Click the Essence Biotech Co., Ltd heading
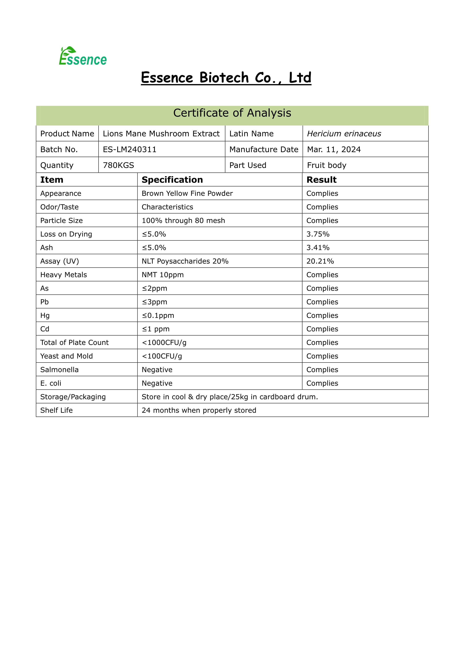[x=226, y=78]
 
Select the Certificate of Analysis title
[x=232, y=113]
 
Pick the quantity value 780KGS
[x=118, y=165]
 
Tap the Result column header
[x=321, y=180]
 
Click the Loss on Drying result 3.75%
[x=318, y=234]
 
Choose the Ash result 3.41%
[x=318, y=248]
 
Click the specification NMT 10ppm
[x=163, y=275]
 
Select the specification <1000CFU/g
[x=164, y=343]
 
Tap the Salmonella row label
[x=59, y=370]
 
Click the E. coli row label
[x=51, y=383]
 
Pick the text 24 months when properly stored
[x=199, y=410]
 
